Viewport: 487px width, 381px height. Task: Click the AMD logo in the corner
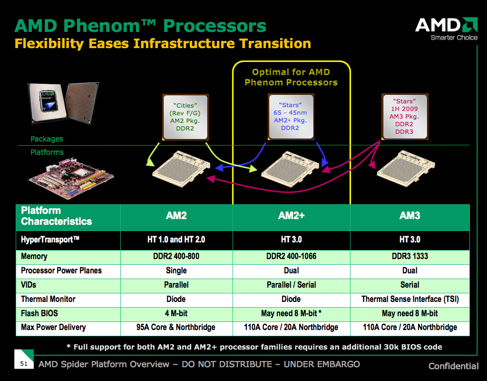446,29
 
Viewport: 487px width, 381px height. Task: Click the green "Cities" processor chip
185,117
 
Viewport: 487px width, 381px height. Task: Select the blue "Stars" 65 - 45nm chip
291,117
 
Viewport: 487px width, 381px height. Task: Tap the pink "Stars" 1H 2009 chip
405,117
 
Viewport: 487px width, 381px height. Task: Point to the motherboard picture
71,179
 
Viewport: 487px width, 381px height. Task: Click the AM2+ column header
292,216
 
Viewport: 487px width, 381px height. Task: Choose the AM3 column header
409,216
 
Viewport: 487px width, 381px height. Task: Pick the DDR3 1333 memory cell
409,256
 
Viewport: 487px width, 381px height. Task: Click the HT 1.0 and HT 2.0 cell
176,240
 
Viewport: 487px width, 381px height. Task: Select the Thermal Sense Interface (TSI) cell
410,299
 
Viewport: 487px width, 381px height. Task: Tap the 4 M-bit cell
176,313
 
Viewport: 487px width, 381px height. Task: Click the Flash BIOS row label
39,313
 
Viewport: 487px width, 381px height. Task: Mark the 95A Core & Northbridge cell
176,328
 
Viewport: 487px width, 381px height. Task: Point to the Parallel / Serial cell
292,285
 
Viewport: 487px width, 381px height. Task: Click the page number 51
24,363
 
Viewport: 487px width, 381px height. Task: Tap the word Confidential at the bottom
453,366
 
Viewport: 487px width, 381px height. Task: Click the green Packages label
47,139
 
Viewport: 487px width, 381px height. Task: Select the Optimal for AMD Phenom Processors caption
291,77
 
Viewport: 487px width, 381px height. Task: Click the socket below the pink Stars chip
406,168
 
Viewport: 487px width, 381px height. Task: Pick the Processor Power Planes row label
61,271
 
